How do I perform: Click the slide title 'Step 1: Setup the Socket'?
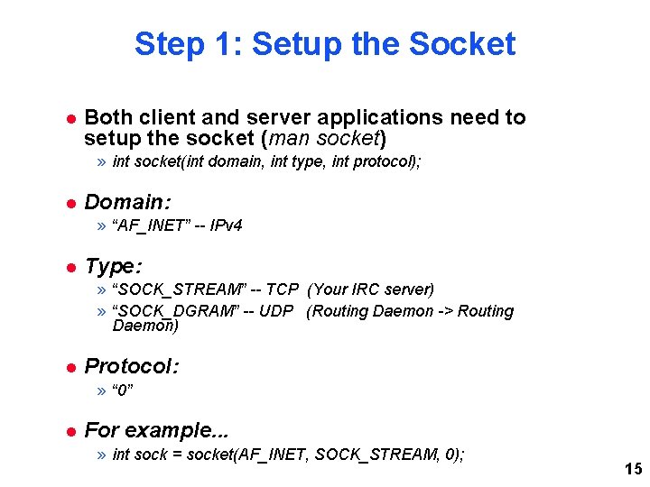pos(325,43)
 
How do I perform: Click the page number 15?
pos(633,469)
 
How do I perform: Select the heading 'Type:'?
pos(113,266)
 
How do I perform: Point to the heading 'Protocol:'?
pos(131,366)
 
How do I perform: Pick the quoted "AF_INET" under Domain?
pos(151,225)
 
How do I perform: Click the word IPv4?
pos(226,225)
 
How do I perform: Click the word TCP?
pos(282,289)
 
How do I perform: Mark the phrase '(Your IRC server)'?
pos(371,289)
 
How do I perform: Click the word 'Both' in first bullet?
pos(107,117)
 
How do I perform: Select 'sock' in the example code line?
pos(150,455)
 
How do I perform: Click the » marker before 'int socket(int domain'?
pos(102,162)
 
